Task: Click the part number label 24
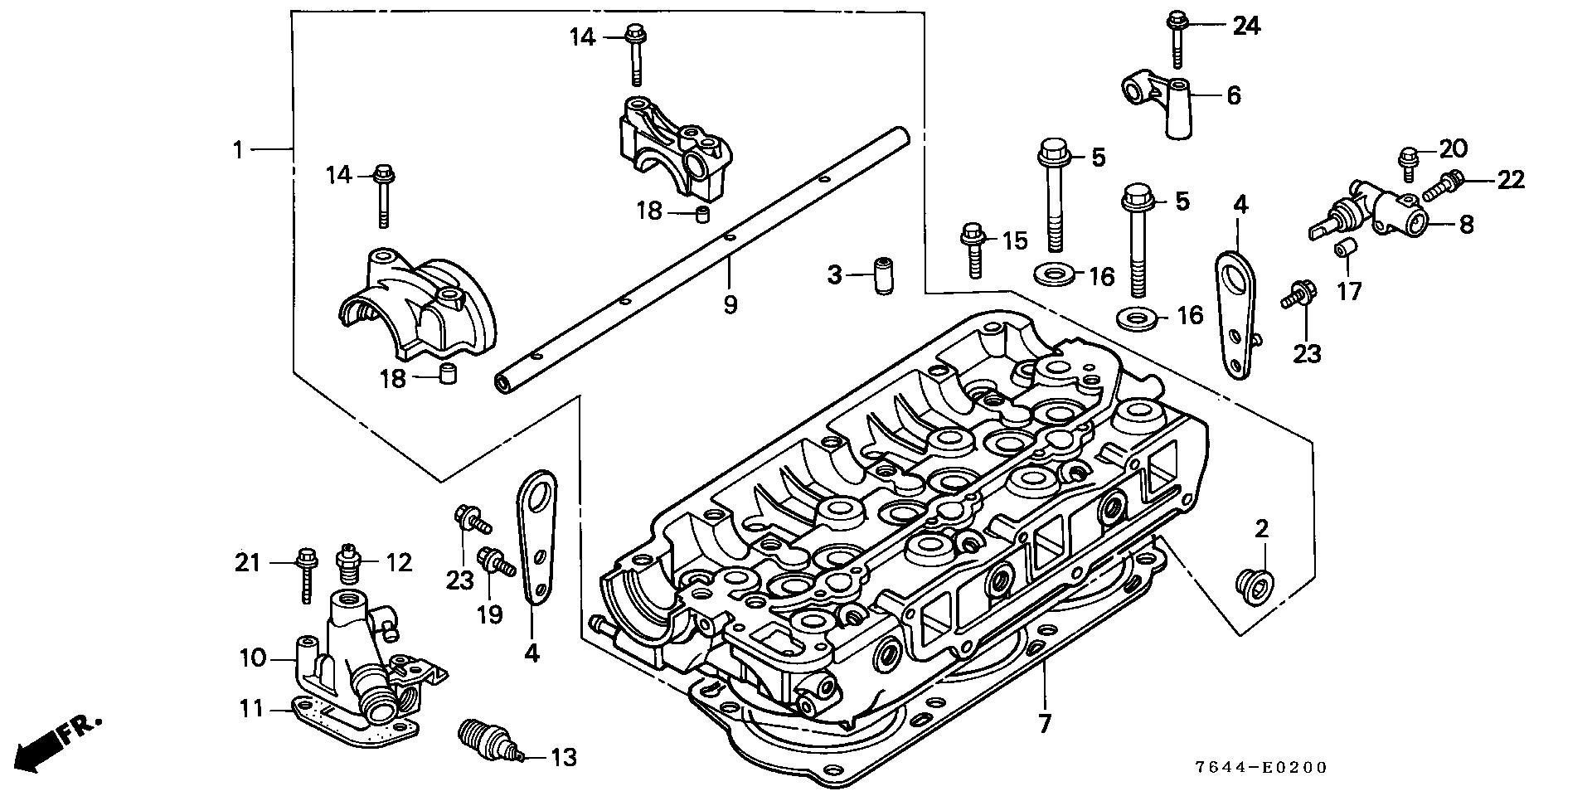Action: coord(1245,27)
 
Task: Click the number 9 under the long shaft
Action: coord(730,305)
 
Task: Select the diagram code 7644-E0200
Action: coord(1274,769)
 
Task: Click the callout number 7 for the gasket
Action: coord(1044,724)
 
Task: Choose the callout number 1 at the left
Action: coord(237,150)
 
